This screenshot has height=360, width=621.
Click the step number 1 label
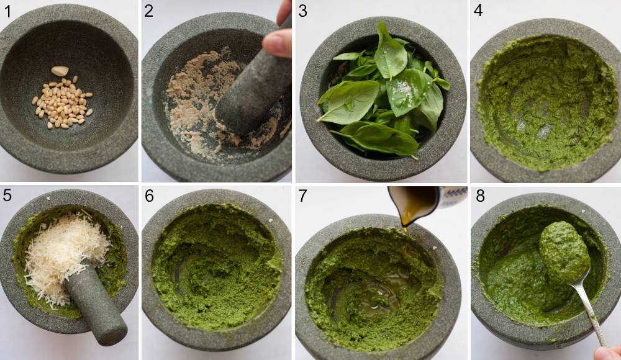pyautogui.click(x=7, y=11)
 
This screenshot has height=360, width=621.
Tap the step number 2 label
pyautogui.click(x=150, y=11)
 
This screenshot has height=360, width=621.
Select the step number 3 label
pyautogui.click(x=303, y=11)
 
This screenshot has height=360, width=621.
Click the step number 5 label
pyautogui.click(x=7, y=196)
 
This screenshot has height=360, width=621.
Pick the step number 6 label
pyautogui.click(x=150, y=196)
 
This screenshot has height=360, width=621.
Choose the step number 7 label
pyautogui.click(x=303, y=196)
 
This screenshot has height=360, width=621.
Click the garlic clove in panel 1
pyautogui.click(x=60, y=71)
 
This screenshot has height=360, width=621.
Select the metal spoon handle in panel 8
pyautogui.click(x=590, y=317)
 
